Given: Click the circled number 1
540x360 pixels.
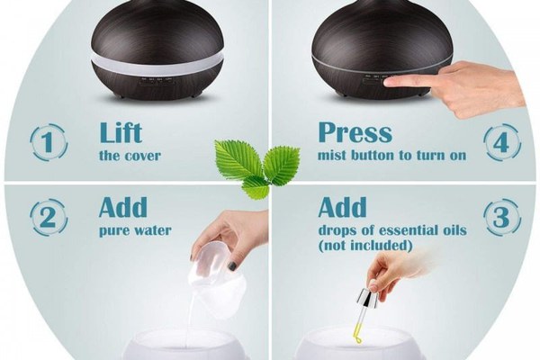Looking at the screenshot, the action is click(49, 142).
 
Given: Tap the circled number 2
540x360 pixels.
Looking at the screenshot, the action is click(49, 217).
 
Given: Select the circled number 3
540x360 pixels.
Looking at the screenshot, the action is click(502, 217).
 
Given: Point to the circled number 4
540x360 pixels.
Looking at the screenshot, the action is click(502, 142).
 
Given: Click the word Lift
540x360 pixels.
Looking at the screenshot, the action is click(121, 132).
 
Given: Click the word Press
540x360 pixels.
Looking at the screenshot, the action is click(355, 132).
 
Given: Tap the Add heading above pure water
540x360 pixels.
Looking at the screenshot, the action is click(123, 207).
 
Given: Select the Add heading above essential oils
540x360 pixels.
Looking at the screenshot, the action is click(342, 207).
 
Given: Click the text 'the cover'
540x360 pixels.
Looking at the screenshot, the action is click(130, 156).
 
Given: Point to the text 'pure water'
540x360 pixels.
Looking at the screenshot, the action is click(135, 230).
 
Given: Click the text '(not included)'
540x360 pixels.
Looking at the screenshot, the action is click(365, 246).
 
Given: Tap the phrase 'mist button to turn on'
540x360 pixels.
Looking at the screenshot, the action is click(391, 156).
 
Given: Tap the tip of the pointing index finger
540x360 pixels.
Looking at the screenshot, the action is click(386, 82).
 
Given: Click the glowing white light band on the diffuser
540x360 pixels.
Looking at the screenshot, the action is click(157, 65).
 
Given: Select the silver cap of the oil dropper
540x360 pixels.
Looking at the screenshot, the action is click(368, 298).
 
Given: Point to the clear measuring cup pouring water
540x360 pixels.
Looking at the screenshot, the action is click(216, 275).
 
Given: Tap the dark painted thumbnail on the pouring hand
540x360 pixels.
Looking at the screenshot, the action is click(233, 265).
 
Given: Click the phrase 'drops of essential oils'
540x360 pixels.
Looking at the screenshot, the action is click(392, 230).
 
